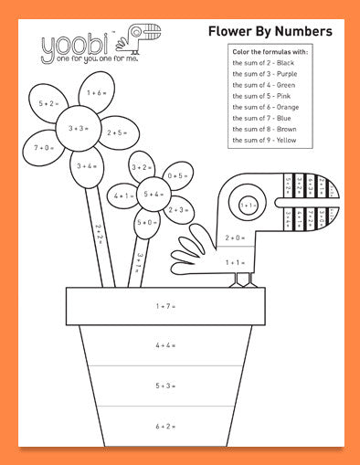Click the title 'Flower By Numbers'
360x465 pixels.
[270, 32]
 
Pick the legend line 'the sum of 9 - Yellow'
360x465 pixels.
[266, 141]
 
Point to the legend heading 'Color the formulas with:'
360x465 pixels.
[270, 54]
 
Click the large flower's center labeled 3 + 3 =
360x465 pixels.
[77, 129]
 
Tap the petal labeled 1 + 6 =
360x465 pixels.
[95, 93]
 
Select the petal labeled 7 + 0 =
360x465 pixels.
[43, 147]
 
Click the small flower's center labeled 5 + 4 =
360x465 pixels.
[153, 194]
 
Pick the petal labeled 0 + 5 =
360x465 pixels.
[178, 175]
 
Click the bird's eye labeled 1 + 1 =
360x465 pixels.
[248, 206]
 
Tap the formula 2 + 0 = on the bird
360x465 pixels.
[235, 238]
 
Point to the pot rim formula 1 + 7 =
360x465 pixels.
[165, 306]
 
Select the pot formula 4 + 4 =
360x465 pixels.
[165, 345]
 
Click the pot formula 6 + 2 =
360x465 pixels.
[165, 426]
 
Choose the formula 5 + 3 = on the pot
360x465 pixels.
[165, 386]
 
